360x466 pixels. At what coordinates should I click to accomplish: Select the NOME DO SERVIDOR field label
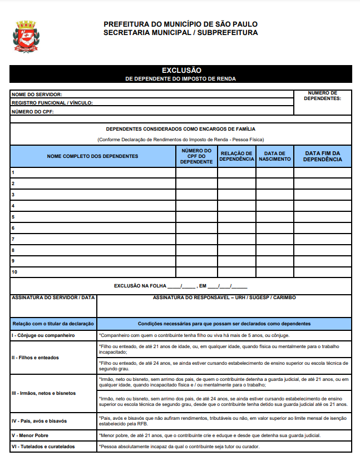coord(37,95)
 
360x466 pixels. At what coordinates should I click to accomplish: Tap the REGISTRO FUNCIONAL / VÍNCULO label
coord(52,103)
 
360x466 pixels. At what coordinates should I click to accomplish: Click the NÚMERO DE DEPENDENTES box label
coord(323,96)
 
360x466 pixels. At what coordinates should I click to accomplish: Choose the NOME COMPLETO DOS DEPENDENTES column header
coord(93,156)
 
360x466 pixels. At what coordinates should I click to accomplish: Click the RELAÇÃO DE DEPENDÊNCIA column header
coord(236,156)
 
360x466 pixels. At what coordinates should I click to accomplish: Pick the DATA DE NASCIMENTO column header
coord(275,156)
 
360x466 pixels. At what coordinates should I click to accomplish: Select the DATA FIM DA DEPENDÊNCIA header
coord(323,156)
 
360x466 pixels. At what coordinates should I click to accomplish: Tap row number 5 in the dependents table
coord(13,217)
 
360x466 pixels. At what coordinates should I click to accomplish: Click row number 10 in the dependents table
coord(14,272)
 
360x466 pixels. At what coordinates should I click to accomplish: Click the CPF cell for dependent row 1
coord(196,172)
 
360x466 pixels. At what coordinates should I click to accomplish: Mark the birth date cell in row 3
coord(275,195)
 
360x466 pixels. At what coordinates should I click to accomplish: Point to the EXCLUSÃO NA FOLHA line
coord(180,286)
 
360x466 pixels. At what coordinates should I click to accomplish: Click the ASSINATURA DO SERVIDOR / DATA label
coord(53,298)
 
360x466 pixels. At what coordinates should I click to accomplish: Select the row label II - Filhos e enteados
coord(35,358)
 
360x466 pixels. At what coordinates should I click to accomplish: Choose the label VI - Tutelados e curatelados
coord(43,447)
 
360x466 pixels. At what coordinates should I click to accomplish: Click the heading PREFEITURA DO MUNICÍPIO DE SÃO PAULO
coord(180,24)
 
